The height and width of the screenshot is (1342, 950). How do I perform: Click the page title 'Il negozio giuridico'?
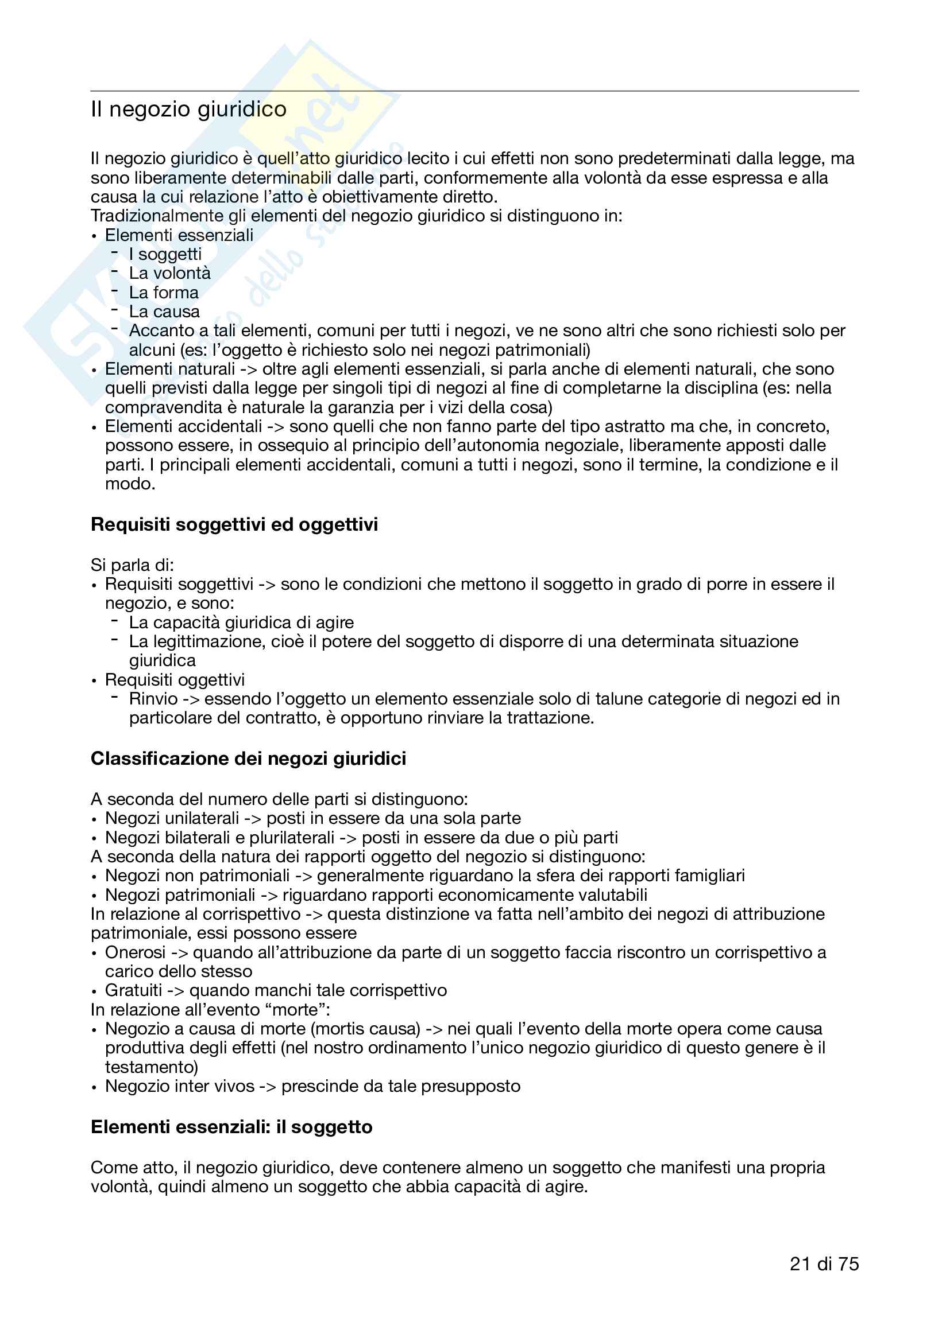188,110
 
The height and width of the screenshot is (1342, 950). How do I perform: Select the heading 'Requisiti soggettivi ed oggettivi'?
234,524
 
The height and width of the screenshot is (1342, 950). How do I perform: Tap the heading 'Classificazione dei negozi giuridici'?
248,758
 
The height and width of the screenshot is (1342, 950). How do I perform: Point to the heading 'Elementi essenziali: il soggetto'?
231,1126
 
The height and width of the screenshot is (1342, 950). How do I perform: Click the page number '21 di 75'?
824,1263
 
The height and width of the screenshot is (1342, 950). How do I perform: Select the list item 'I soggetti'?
165,254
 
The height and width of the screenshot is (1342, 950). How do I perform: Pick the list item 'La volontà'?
169,274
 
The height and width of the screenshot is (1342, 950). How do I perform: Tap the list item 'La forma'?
164,292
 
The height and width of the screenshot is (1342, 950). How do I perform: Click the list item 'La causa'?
164,312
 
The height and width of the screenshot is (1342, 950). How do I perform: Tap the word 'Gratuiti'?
133,990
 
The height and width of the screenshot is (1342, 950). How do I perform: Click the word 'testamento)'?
152,1067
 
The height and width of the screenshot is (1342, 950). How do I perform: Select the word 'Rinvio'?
153,699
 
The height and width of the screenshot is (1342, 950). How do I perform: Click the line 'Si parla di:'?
132,565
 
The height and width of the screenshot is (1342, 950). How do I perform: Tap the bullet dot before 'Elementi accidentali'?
94,428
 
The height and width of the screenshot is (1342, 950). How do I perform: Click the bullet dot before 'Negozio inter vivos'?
94,1087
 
